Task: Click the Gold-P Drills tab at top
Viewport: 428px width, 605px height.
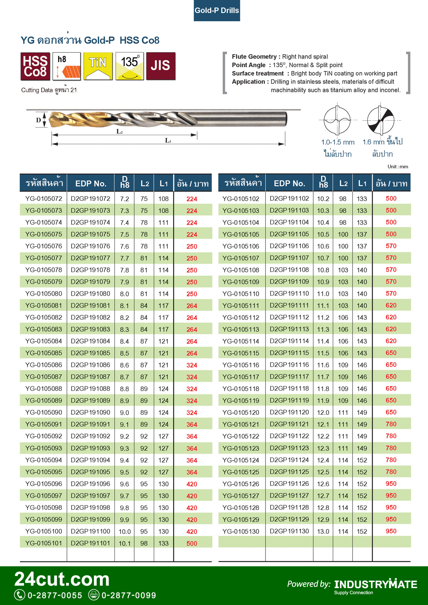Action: click(217, 11)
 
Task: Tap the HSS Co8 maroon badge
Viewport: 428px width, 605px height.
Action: click(35, 66)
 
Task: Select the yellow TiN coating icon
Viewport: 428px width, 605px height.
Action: click(98, 66)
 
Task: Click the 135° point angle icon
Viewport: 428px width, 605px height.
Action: click(129, 66)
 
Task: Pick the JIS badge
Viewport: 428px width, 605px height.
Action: click(160, 66)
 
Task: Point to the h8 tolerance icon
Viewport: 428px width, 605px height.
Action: click(66, 66)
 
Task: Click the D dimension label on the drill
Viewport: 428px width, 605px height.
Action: click(39, 120)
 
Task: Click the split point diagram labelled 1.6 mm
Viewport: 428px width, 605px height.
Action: click(380, 120)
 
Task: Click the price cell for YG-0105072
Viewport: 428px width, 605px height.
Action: click(192, 199)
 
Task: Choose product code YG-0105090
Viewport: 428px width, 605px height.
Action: click(44, 412)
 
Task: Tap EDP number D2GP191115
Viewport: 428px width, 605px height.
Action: click(289, 353)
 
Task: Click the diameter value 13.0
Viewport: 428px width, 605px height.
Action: click(323, 531)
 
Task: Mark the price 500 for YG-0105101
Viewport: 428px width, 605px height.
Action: click(192, 544)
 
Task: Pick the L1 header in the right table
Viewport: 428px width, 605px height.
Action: click(362, 184)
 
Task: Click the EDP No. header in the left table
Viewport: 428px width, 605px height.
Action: click(90, 184)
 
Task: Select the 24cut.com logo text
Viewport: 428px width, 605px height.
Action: click(62, 579)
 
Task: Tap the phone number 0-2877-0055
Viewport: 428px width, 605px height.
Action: click(55, 596)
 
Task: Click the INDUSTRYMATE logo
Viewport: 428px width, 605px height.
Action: click(375, 585)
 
